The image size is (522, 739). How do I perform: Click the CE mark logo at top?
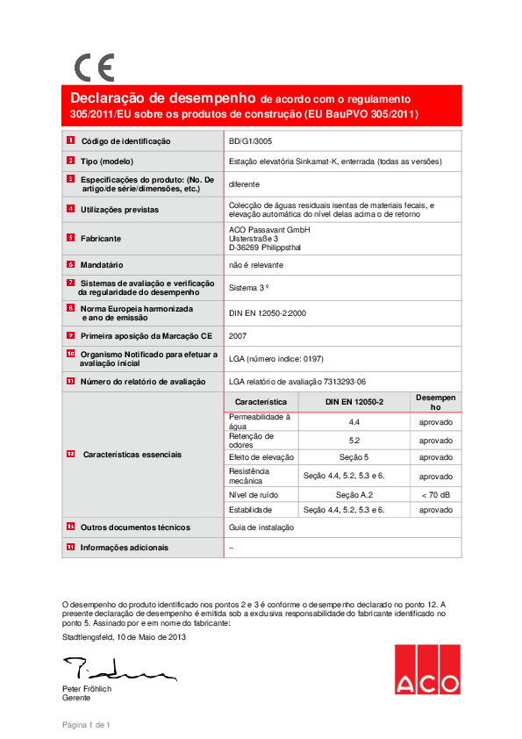pyautogui.click(x=94, y=68)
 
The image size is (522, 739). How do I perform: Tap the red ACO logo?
pyautogui.click(x=426, y=670)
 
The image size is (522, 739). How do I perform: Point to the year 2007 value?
pyautogui.click(x=237, y=335)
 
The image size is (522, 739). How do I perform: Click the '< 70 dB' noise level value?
pyautogui.click(x=435, y=495)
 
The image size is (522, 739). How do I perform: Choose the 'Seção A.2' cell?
pyautogui.click(x=355, y=495)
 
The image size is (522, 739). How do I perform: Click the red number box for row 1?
pyautogui.click(x=70, y=140)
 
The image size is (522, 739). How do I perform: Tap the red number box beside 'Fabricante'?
pyautogui.click(x=70, y=238)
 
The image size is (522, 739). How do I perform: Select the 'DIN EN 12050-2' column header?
pyautogui.click(x=355, y=401)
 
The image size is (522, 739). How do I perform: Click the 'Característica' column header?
pyautogui.click(x=261, y=401)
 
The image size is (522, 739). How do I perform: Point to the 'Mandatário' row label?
pyautogui.click(x=103, y=264)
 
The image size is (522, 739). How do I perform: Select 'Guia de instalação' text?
pyautogui.click(x=261, y=527)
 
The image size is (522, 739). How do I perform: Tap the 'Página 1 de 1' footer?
pyautogui.click(x=86, y=725)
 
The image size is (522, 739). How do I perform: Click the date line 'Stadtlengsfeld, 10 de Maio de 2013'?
pyautogui.click(x=124, y=636)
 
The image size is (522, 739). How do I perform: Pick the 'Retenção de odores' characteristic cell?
pyautogui.click(x=251, y=440)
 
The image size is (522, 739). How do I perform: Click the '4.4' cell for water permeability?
pyautogui.click(x=355, y=421)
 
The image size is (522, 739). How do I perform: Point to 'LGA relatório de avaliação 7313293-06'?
pyautogui.click(x=297, y=381)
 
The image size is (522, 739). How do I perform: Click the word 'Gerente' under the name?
pyautogui.click(x=76, y=698)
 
